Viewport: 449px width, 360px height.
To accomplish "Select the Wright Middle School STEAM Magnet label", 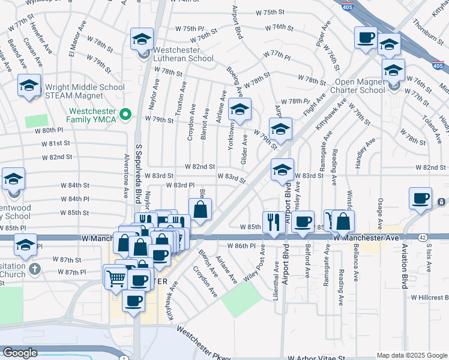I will pyautogui.click(x=84, y=92).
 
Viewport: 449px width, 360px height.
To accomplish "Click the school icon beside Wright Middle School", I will pyautogui.click(x=29, y=86).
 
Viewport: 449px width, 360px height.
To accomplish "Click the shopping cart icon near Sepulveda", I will pyautogui.click(x=115, y=277).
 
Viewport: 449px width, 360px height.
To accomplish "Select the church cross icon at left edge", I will pyautogui.click(x=34, y=268).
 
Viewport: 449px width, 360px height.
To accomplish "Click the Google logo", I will pyautogui.click(x=20, y=353).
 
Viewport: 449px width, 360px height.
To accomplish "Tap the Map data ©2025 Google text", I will pyautogui.click(x=411, y=355).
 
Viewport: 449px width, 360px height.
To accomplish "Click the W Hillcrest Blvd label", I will pyautogui.click(x=430, y=297).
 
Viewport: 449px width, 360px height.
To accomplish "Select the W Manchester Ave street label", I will pyautogui.click(x=366, y=238).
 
